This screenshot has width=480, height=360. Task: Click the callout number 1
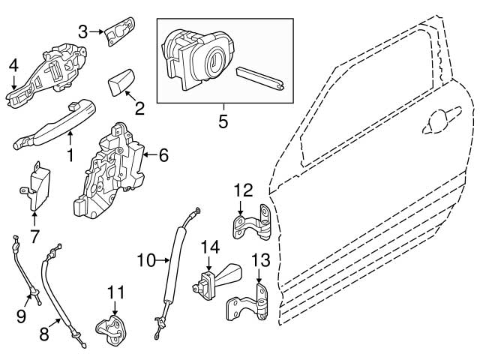tap(70, 156)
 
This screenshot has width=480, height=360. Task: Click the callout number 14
tap(211, 245)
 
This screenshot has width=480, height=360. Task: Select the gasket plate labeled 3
tap(118, 33)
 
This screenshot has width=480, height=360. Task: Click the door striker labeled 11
tap(113, 331)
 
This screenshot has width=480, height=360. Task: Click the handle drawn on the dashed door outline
tap(439, 118)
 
